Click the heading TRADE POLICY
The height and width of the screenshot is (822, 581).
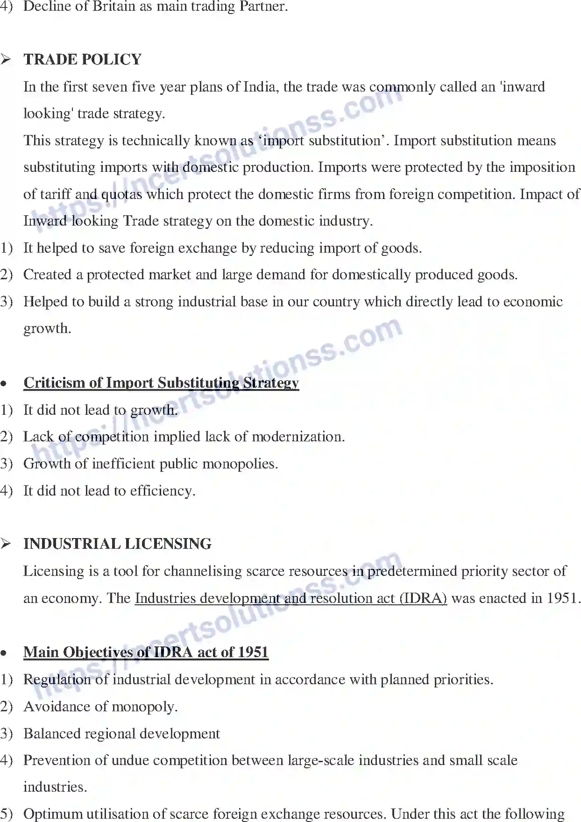(x=82, y=60)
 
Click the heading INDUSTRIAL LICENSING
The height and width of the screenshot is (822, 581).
(x=117, y=544)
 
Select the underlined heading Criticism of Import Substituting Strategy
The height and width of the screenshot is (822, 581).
(x=161, y=383)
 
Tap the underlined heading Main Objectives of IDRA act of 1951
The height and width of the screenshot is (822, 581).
(x=146, y=652)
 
